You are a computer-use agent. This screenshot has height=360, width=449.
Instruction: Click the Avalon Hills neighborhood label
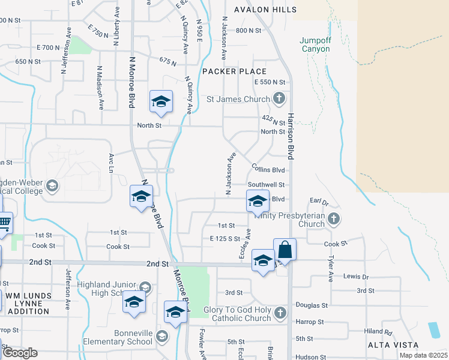(x=265, y=10)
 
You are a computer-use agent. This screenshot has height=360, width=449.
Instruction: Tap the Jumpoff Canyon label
(x=315, y=44)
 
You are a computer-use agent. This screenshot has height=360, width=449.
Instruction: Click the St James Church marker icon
(x=279, y=98)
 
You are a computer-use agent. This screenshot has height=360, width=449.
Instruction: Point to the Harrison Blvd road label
(x=290, y=136)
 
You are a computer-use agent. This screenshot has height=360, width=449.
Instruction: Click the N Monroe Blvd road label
(x=131, y=82)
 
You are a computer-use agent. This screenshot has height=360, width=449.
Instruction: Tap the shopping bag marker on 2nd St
(x=285, y=249)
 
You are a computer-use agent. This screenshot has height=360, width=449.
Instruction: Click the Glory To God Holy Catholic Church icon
(x=279, y=312)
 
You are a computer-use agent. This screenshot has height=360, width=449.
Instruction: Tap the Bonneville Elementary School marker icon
(x=161, y=336)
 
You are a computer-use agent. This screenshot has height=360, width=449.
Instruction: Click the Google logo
(x=20, y=353)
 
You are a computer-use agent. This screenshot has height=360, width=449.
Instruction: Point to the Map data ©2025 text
(x=423, y=355)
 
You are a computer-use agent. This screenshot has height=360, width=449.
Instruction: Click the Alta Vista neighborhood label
(x=389, y=346)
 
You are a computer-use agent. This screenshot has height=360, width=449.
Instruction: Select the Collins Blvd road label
(x=268, y=170)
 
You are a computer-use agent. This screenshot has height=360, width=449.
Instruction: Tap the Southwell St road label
(x=267, y=185)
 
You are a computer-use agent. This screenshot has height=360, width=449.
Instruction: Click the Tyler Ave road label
(x=331, y=268)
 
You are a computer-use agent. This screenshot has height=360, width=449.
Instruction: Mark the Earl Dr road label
(x=318, y=202)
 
